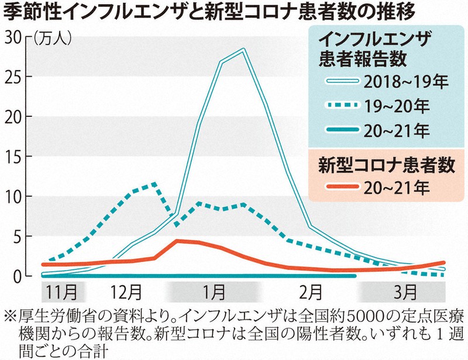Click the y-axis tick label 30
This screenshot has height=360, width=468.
coord(13,37)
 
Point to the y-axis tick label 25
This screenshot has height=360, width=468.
coord(13,77)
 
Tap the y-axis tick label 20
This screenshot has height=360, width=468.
coord(13,116)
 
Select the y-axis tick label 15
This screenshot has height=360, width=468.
coord(13,156)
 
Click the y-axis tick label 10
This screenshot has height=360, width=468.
coord(13,196)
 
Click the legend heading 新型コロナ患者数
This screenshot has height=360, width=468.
coord(386,164)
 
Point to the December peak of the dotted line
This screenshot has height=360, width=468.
coord(154,184)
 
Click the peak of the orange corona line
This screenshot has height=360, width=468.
coord(177,240)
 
